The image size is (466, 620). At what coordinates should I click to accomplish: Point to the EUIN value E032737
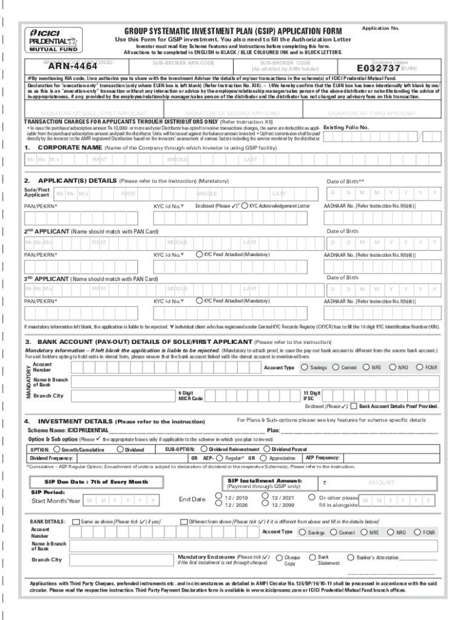379,68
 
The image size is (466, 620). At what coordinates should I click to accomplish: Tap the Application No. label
380,28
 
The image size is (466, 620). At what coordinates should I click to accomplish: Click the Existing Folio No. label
346,128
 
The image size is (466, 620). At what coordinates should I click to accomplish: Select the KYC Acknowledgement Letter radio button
245,206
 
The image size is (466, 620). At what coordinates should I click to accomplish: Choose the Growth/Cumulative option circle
57,450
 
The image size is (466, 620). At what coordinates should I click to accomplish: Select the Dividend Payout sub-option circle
267,450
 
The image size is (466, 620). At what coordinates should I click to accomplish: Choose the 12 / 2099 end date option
266,504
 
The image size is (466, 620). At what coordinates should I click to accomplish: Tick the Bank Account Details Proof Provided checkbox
354,406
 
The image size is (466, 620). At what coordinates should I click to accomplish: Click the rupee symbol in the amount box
324,483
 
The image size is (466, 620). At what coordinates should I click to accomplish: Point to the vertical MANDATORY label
27,379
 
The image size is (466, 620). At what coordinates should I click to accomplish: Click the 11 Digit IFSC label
312,395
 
